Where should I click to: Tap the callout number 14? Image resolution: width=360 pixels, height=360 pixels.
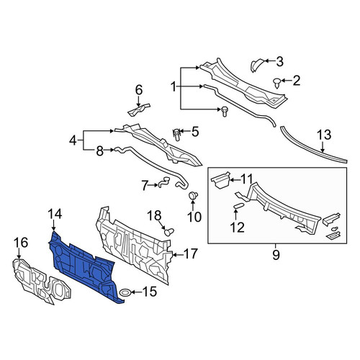[x=55, y=214]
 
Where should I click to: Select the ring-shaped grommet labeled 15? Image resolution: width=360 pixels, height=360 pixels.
[x=125, y=292]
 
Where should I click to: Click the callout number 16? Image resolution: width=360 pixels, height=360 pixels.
[x=21, y=243]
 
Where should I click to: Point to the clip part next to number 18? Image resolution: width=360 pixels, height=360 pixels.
[x=169, y=232]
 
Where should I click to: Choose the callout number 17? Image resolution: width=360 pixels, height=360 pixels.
[x=191, y=253]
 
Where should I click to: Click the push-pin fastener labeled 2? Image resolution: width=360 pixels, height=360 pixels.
[x=277, y=83]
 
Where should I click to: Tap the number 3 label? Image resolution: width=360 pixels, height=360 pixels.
[x=279, y=62]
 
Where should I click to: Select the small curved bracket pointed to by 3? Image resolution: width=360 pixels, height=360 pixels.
[x=256, y=65]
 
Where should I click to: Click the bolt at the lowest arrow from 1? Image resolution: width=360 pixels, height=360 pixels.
[x=225, y=112]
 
